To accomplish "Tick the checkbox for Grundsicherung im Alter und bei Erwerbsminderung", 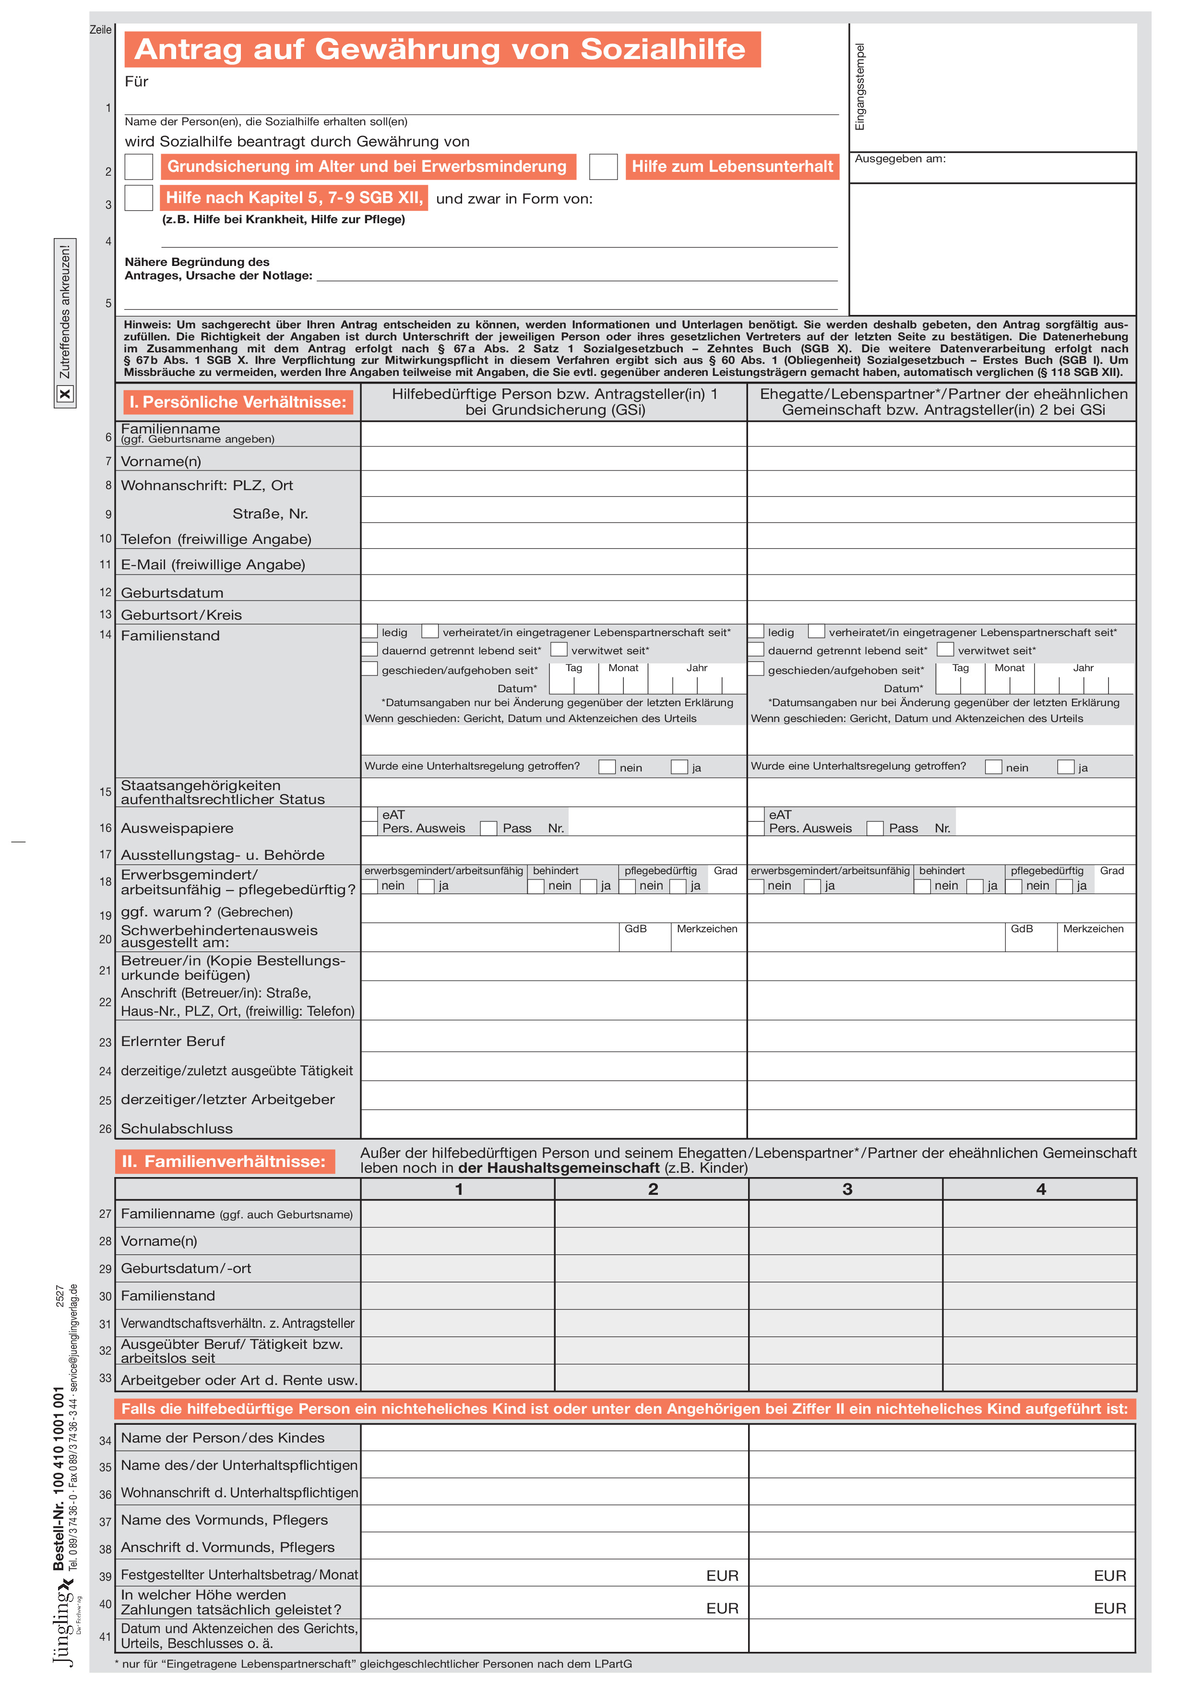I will pos(139,167).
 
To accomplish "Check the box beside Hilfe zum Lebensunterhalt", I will pos(604,167).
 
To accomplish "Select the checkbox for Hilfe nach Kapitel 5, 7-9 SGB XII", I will pos(139,198).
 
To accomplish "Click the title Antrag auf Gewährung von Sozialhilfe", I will pos(440,49).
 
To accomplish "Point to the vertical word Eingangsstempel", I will pos(860,86).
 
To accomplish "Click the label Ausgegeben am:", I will pos(900,158).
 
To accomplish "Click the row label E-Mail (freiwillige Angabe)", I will pos(213,565).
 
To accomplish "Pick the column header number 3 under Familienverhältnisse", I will pos(847,1189).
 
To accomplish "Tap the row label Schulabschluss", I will pos(177,1129).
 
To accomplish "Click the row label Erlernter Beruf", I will pos(173,1042).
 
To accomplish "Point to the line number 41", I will pos(106,1636).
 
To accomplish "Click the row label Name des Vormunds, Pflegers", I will pos(225,1520).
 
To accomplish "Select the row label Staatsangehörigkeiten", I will pos(201,785).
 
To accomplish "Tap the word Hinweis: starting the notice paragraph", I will pos(147,325).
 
